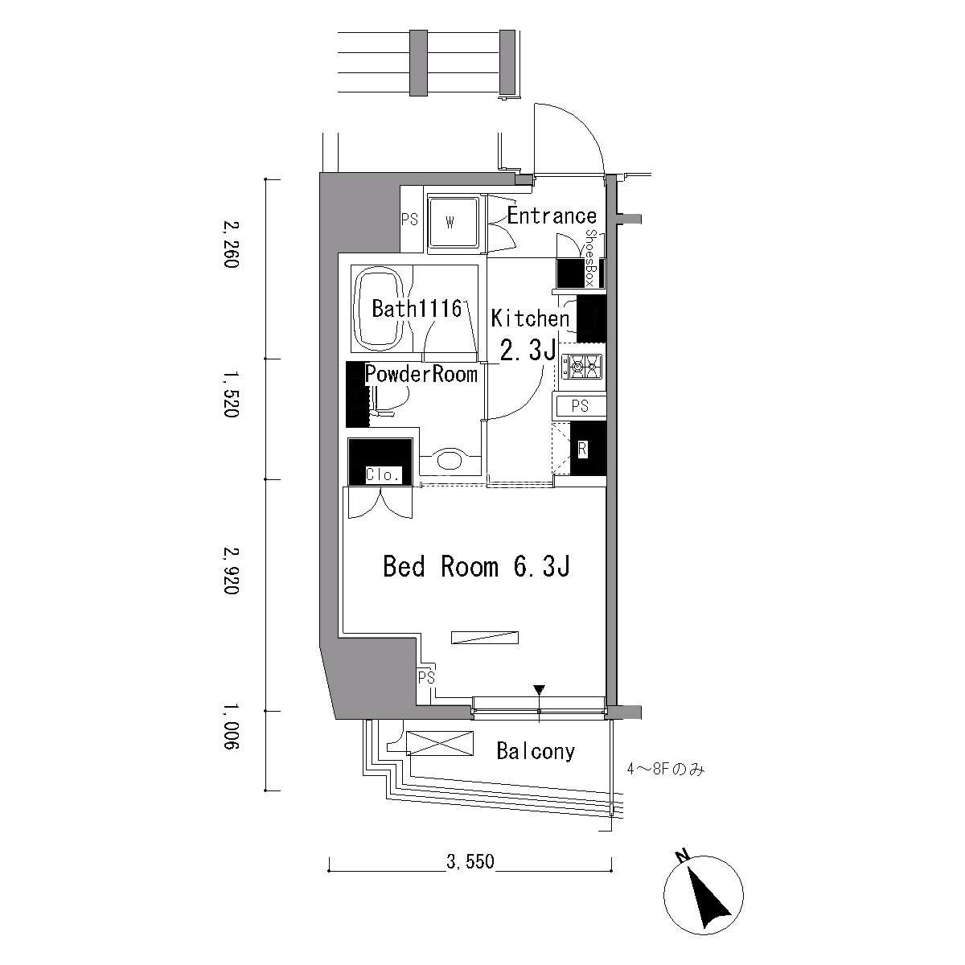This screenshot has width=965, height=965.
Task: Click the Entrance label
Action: tap(552, 216)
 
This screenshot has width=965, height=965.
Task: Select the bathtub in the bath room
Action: tap(379, 309)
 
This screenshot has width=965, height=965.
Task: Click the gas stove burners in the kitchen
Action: tap(581, 366)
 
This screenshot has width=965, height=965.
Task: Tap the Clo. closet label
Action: tap(383, 474)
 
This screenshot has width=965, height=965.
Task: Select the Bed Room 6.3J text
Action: tap(476, 567)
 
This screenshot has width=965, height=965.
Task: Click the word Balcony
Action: tap(536, 751)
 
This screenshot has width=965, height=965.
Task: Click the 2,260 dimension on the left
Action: tap(231, 244)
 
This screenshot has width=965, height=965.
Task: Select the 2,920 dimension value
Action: tap(231, 571)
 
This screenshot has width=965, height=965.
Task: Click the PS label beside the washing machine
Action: tap(409, 220)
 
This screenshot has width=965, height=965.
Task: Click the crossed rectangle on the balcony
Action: tap(440, 743)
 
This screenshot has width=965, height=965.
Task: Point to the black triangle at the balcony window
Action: tap(539, 689)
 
